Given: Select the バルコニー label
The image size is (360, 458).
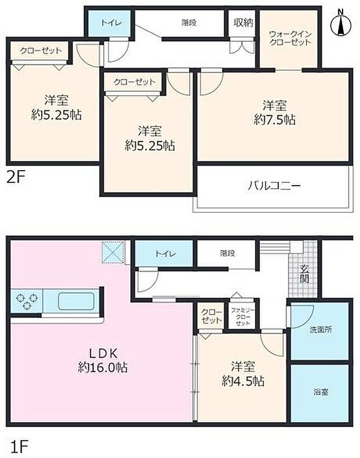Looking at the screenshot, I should pyautogui.click(x=273, y=186).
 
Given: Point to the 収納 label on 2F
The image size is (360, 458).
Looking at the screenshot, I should pyautogui.click(x=243, y=23).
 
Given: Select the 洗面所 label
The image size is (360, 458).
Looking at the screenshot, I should pyautogui.click(x=320, y=330).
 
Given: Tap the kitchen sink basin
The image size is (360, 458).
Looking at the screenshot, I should pyautogui.click(x=76, y=301).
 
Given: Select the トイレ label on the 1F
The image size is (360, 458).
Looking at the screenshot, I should pyautogui.click(x=163, y=254).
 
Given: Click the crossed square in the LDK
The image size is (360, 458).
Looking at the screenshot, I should pyautogui.click(x=113, y=252).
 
